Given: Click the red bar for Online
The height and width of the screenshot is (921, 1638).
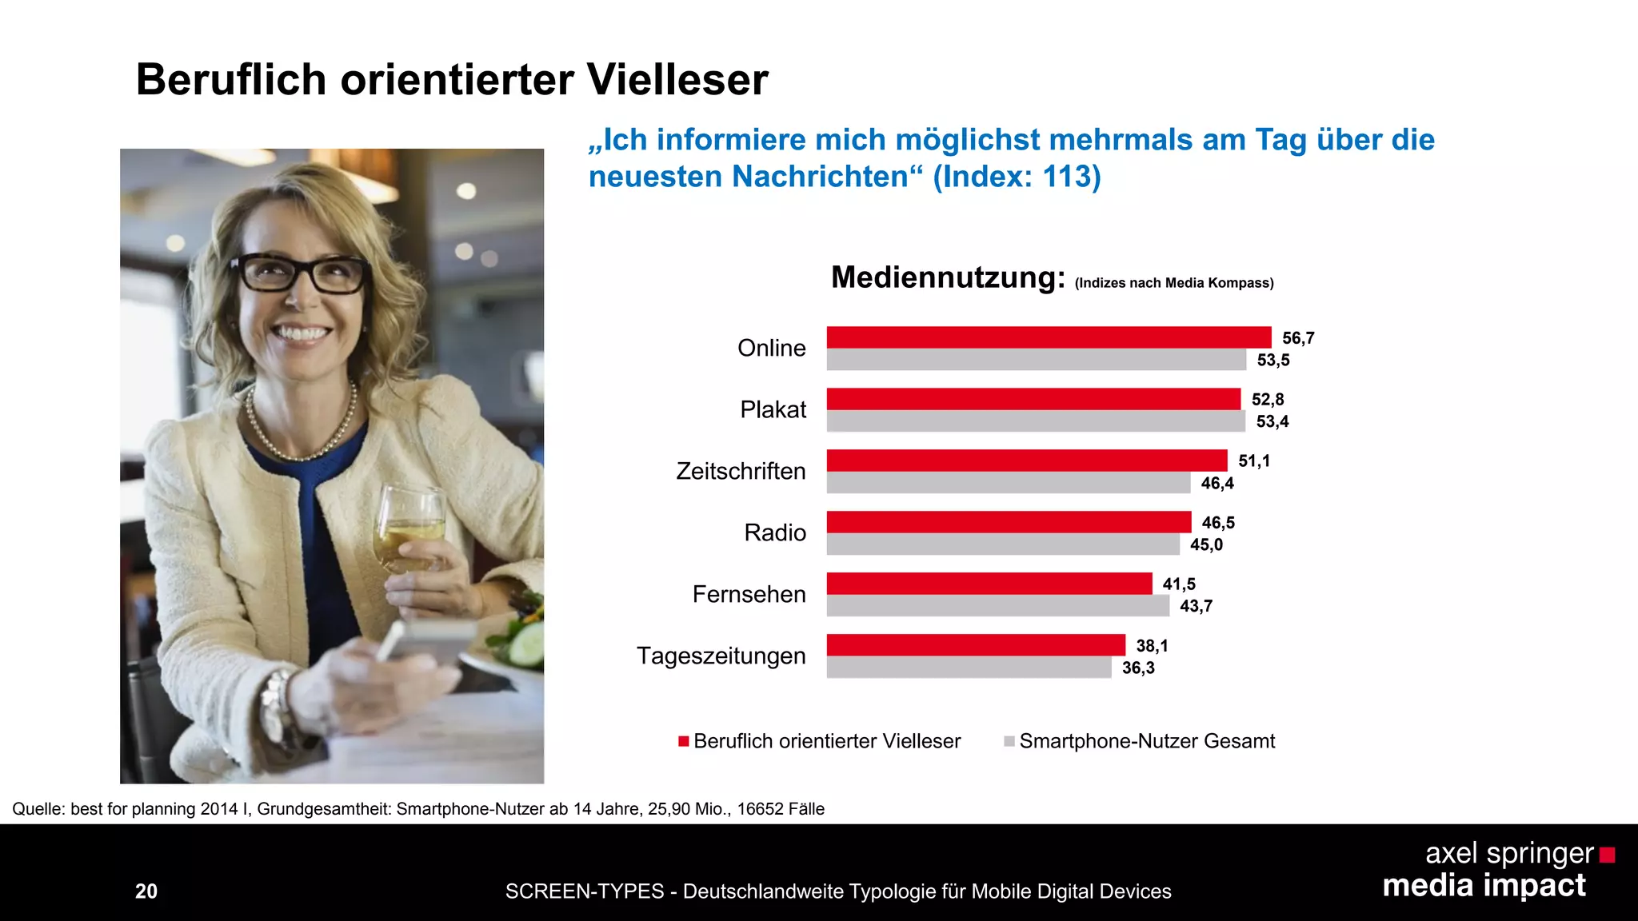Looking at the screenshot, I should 1048,337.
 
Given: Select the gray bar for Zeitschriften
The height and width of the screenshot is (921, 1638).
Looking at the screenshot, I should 1008,483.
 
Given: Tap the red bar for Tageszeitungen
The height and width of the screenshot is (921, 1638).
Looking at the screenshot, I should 976,644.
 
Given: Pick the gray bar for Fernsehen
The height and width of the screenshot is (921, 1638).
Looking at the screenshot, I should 997,606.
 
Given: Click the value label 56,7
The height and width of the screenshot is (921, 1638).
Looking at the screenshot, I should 1298,338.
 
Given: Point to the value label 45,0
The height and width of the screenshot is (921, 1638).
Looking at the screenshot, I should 1206,545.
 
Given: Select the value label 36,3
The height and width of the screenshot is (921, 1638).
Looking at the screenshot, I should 1138,668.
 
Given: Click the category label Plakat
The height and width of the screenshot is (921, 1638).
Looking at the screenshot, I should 773,409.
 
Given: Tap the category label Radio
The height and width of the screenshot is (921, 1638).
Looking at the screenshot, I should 774,532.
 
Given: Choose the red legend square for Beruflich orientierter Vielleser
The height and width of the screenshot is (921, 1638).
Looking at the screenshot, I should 684,741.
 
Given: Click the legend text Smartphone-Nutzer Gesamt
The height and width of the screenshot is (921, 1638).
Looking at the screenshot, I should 1146,741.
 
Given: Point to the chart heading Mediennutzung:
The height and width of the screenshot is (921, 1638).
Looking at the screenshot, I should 948,277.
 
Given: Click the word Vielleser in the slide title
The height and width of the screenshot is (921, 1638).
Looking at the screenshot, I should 677,80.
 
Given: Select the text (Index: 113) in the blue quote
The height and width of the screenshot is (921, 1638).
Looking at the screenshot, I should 1017,177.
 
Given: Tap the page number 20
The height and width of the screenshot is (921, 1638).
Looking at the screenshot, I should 146,891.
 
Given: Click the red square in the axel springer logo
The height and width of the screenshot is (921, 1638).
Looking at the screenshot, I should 1607,855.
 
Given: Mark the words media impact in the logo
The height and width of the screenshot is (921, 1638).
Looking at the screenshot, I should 1484,886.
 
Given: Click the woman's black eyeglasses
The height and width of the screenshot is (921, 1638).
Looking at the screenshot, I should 300,273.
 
